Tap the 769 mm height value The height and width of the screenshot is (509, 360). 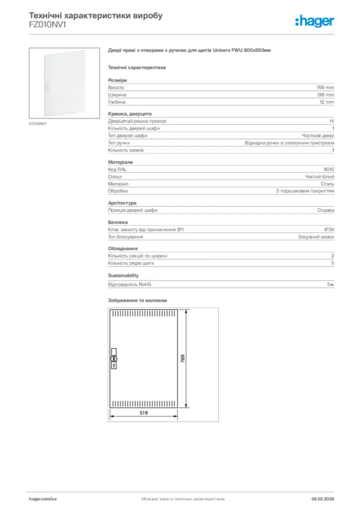[326, 87]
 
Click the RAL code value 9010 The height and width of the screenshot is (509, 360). [329, 170]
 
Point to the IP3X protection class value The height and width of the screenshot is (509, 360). [329, 230]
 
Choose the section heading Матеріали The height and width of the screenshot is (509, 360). [120, 162]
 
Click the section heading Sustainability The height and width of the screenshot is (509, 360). [123, 275]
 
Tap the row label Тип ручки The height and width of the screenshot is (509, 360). [119, 143]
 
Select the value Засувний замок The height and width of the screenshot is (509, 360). [316, 237]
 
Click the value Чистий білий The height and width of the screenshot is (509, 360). [319, 176]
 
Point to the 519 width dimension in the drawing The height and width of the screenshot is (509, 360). [144, 412]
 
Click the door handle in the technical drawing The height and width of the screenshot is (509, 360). [113, 358]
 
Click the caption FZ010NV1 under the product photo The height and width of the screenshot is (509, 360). [37, 123]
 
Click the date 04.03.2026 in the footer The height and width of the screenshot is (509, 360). [323, 498]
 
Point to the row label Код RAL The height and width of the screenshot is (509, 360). [118, 170]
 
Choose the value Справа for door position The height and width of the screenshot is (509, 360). [326, 210]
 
